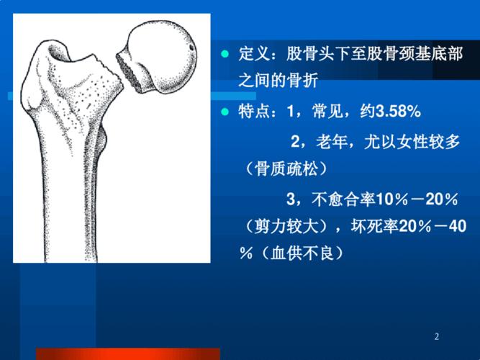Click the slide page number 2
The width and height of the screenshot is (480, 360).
pyautogui.click(x=438, y=336)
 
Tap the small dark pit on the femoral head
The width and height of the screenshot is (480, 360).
pyautogui.click(x=192, y=50)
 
